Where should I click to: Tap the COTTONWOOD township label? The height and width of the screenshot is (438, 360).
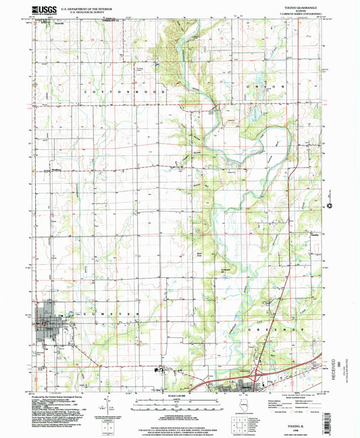pos(109,90)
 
